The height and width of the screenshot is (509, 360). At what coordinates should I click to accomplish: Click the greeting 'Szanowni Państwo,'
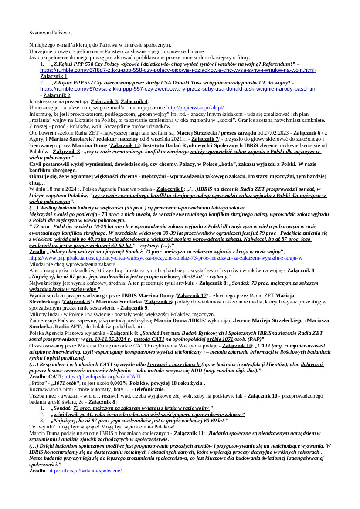click(51, 33)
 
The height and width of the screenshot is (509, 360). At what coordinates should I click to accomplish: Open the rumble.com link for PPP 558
click(178, 70)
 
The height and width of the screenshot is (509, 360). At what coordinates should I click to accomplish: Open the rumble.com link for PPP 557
click(178, 89)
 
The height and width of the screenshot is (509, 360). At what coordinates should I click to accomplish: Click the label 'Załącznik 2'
click(57, 95)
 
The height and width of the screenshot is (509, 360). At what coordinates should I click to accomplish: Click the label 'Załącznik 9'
click(134, 307)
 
